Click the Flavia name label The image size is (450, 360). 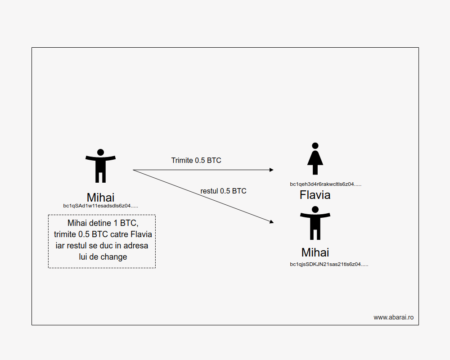pos(315,195)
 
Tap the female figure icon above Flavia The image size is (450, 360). pos(315,158)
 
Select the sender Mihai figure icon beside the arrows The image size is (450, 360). pos(100,166)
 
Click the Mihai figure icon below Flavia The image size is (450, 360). pos(315,223)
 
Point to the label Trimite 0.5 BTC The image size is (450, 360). pos(196,160)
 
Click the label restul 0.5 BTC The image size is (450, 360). pos(223,191)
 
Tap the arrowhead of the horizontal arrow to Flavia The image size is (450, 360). pos(271,170)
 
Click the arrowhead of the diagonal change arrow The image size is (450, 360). pos(271,222)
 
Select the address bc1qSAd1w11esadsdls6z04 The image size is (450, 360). pos(100,206)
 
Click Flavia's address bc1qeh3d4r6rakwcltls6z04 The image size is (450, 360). pos(325,184)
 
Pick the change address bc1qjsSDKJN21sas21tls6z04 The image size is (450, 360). pos(329,264)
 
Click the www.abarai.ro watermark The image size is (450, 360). pos(393,317)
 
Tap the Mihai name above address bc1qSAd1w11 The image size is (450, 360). pos(100,197)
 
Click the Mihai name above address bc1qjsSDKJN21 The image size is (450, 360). pos(315,252)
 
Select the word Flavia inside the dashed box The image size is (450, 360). pos(141,234)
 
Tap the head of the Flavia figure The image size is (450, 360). pos(315,146)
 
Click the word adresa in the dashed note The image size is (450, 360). pos(136,246)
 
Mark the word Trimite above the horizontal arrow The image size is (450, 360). pos(182,160)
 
